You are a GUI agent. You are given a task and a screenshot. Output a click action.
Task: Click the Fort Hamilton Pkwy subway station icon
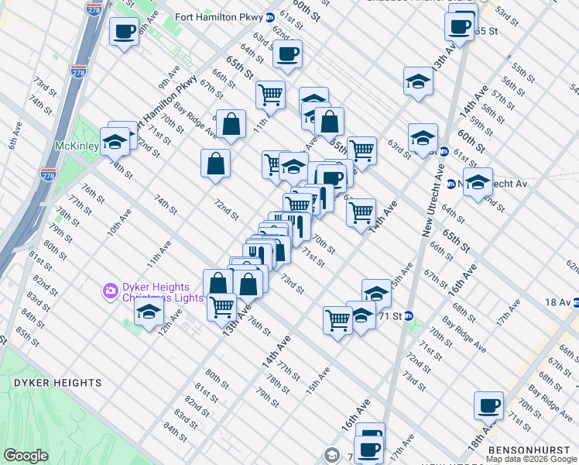tap(269, 17)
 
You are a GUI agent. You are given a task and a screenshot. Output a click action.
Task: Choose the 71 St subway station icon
tap(409, 315)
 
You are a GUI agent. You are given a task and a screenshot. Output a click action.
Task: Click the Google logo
tap(26, 456)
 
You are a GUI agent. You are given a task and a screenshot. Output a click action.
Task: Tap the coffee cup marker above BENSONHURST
tap(489, 405)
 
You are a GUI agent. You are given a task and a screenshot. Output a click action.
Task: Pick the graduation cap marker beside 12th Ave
tap(147, 313)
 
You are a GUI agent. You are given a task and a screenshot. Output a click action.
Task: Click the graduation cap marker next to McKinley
tap(115, 141)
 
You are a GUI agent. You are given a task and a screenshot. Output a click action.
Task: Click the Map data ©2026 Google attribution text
tap(531, 459)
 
